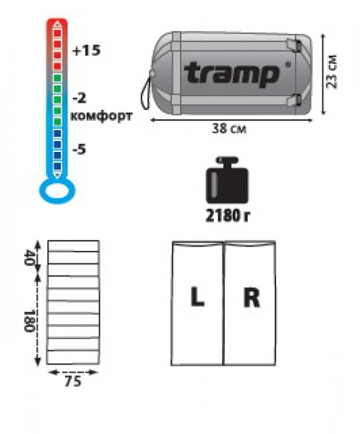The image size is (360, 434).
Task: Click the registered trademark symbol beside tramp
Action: (288, 64)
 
